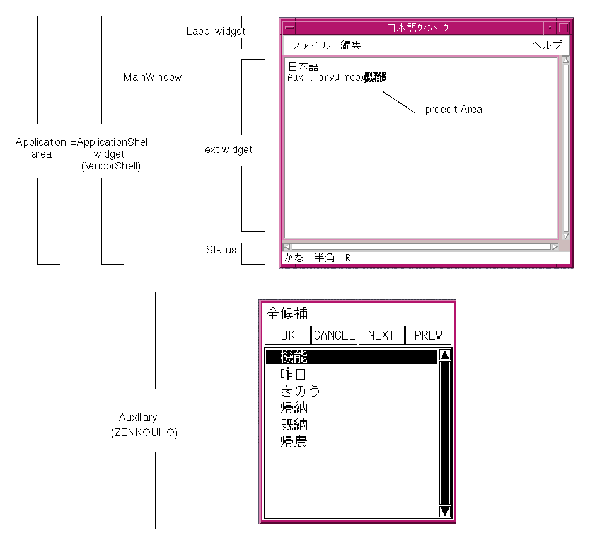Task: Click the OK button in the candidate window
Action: tap(287, 335)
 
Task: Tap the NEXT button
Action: tap(381, 335)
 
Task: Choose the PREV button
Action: tap(428, 335)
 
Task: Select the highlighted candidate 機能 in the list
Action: tap(294, 357)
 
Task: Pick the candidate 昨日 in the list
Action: tap(294, 374)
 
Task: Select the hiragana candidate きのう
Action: tap(300, 391)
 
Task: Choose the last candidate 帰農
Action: tap(294, 442)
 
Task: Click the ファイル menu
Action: tap(310, 45)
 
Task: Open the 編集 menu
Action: tap(350, 45)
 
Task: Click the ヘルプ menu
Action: tap(546, 45)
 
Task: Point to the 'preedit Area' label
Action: tap(453, 110)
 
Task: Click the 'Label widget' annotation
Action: tap(216, 31)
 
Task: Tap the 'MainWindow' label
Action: tap(152, 77)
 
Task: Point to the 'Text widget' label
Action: tap(225, 150)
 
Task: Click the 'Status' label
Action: tap(221, 250)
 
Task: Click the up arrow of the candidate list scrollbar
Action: tap(444, 355)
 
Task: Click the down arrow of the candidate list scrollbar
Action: tap(444, 512)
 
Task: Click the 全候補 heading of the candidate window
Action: tap(287, 314)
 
